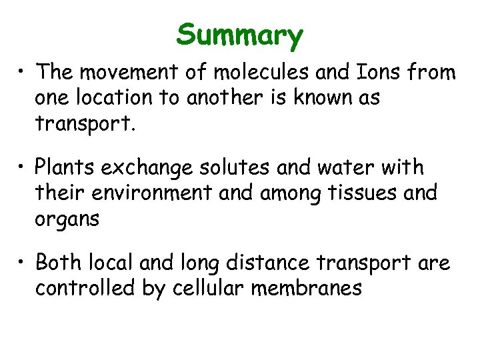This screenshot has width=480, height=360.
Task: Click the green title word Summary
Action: click(240, 35)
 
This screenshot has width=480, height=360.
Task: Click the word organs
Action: click(67, 219)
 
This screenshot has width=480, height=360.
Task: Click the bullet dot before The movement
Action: click(24, 73)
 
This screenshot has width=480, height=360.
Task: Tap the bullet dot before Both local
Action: click(24, 264)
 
